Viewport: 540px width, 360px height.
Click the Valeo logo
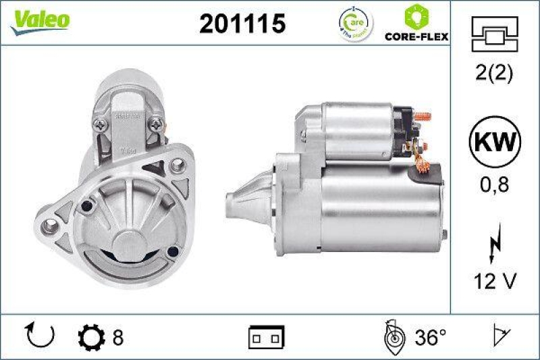[x=38, y=20]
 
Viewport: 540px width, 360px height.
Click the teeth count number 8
[x=118, y=336]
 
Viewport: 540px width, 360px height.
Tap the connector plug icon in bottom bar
[x=267, y=336]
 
